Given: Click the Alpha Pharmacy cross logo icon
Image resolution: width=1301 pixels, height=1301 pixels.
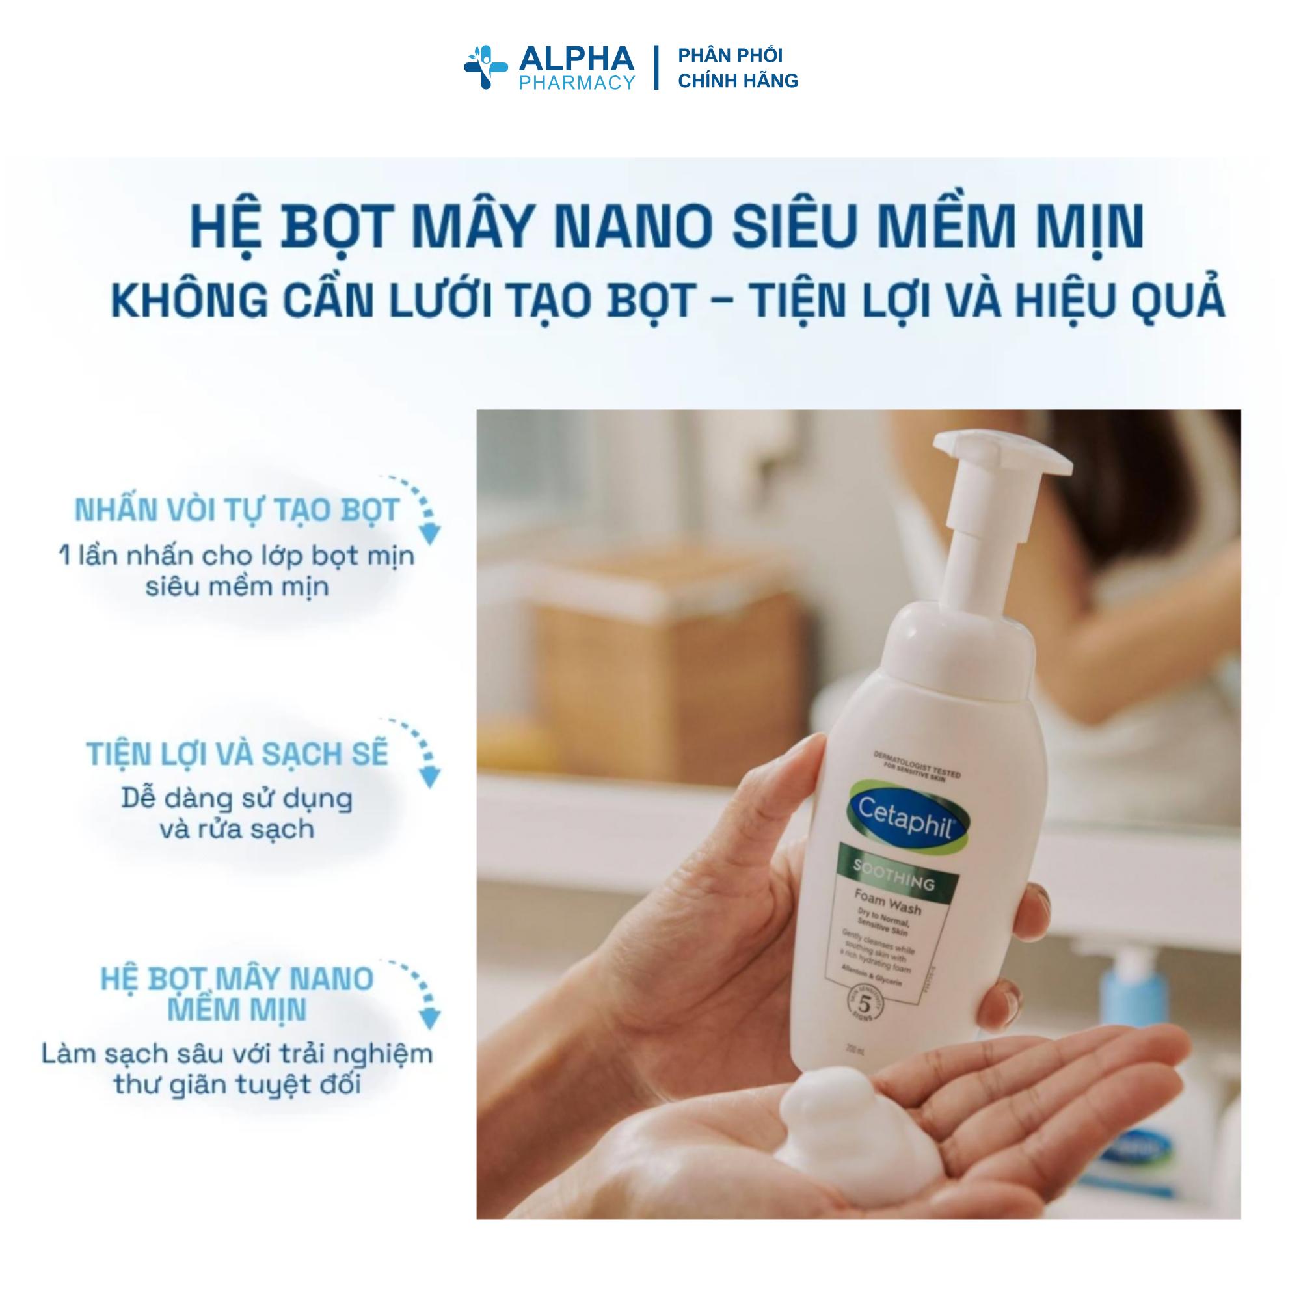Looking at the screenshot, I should [x=485, y=68].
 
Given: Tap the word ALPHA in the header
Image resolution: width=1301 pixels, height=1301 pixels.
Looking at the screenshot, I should [x=576, y=59].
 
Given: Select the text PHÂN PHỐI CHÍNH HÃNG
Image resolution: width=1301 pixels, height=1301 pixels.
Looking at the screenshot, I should [x=738, y=68].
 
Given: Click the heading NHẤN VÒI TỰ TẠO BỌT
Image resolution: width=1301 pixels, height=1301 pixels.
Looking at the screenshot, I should [x=237, y=511].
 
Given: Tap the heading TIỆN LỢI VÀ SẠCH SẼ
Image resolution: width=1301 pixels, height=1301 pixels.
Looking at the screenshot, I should [x=237, y=754].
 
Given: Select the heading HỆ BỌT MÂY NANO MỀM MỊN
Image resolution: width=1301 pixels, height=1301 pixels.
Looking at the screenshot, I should [x=237, y=995].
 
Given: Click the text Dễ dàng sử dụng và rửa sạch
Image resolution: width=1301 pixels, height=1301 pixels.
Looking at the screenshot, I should [x=237, y=814].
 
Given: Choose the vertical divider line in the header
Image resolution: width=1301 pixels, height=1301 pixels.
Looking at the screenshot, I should [x=656, y=68].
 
